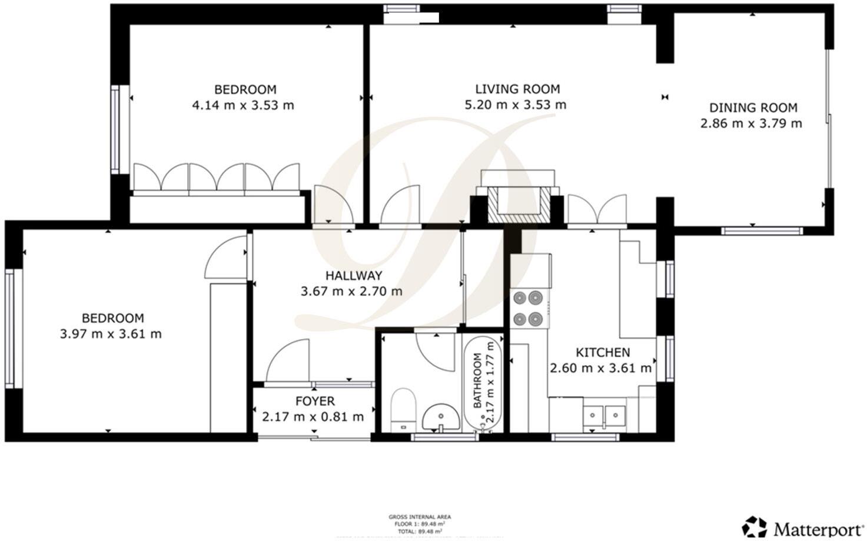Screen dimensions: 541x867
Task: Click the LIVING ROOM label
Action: point(517,89)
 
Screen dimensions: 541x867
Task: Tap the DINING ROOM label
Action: point(753,108)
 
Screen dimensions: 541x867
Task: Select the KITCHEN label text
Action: point(602,353)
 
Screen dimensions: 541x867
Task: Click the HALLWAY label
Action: point(354,276)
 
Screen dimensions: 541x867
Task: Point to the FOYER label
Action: point(314,402)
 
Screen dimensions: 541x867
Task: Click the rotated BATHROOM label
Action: point(477,380)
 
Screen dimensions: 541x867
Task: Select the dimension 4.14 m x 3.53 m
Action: point(243,106)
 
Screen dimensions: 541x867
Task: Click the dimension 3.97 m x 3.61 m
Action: point(111,334)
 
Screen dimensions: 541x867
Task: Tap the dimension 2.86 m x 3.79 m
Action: point(750,123)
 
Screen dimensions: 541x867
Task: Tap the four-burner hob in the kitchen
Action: point(527,308)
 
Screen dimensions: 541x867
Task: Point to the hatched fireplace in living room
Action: point(518,204)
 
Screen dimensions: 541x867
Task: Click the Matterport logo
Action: point(802,527)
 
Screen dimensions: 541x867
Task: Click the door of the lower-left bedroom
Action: point(225,258)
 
